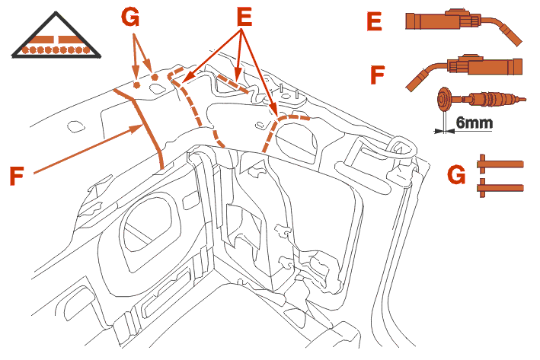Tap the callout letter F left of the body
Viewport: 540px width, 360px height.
pos(21,175)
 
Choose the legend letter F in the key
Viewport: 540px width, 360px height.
pos(376,75)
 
